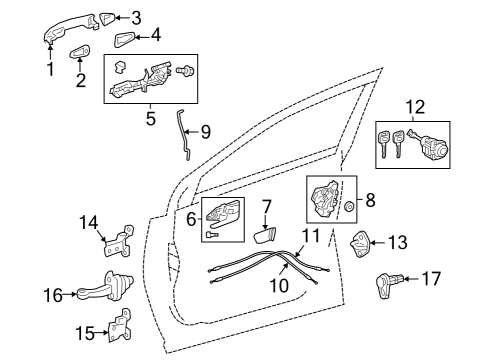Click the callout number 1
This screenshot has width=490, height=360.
point(48,69)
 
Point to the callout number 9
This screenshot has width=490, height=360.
point(205,130)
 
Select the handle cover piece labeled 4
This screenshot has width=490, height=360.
point(125,39)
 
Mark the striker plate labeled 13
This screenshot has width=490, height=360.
point(362,243)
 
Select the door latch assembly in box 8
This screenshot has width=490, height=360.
point(325,202)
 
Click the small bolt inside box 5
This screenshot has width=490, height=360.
point(186,69)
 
